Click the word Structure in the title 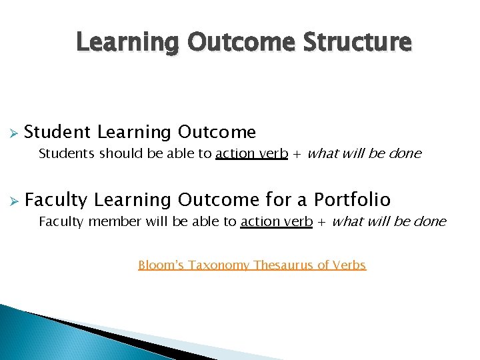357,42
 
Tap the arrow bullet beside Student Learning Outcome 11,132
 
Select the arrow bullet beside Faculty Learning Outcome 11,199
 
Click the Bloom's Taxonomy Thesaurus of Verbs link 252,265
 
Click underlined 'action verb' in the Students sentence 251,154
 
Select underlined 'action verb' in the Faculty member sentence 276,222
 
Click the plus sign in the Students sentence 297,154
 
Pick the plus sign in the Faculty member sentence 322,222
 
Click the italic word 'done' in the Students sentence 406,154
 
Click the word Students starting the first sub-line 67,154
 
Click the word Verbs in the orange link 351,265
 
